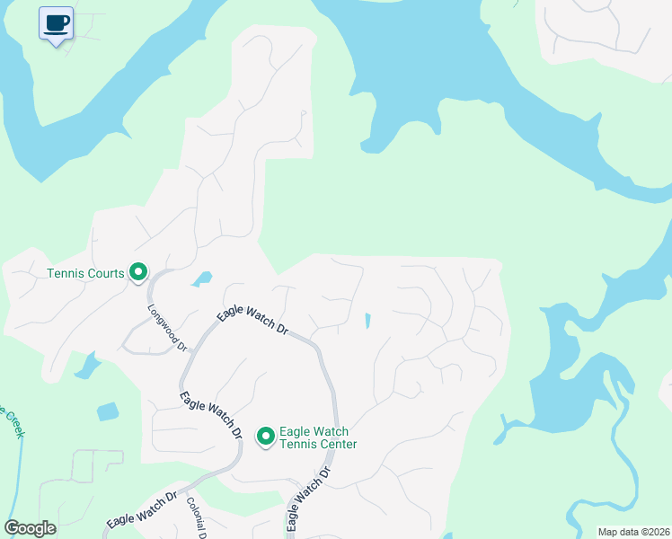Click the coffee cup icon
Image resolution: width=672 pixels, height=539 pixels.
(56, 23)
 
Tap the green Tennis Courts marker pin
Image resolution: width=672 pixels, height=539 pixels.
(138, 271)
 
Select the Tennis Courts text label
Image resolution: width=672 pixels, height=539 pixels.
(84, 272)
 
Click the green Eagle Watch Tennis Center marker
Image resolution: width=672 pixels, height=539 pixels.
(266, 437)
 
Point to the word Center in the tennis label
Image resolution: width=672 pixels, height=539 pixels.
(339, 444)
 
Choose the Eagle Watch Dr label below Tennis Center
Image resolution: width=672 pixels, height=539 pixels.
(304, 499)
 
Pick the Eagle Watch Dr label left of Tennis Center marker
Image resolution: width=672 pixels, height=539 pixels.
(211, 415)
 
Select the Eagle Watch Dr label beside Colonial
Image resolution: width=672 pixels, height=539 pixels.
(142, 510)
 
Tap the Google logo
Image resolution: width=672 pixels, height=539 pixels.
(30, 528)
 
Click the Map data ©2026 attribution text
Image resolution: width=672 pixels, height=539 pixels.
(632, 532)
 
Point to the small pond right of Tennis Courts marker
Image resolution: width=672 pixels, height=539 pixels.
(202, 278)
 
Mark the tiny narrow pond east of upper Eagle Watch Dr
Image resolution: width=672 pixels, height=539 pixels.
(367, 320)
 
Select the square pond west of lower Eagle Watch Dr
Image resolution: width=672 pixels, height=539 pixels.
(108, 411)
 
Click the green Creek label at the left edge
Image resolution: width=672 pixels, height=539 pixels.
(13, 421)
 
